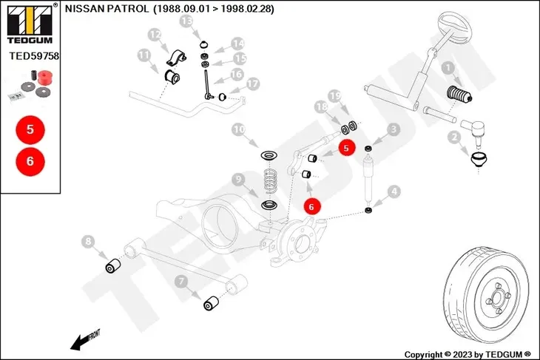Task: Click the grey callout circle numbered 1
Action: coord(447,69)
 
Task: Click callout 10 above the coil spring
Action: coord(238,129)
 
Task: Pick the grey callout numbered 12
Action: coord(155,34)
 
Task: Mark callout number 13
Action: coord(186,22)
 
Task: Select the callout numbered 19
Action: coord(334,96)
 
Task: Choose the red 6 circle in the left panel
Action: coord(30,159)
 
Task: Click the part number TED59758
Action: coord(34,55)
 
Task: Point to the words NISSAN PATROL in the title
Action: coord(104,10)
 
